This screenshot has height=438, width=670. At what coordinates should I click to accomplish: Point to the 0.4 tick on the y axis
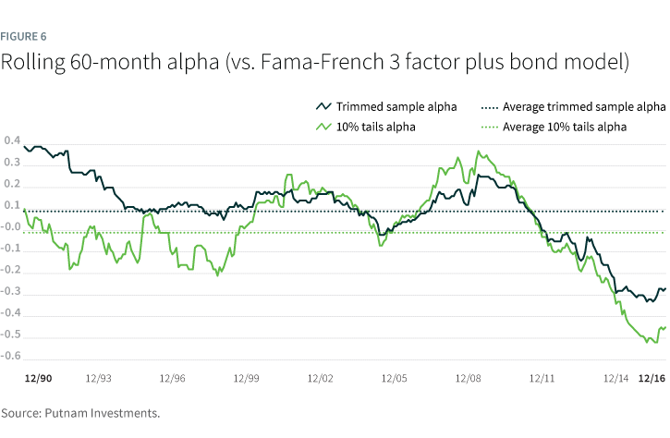12,141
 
